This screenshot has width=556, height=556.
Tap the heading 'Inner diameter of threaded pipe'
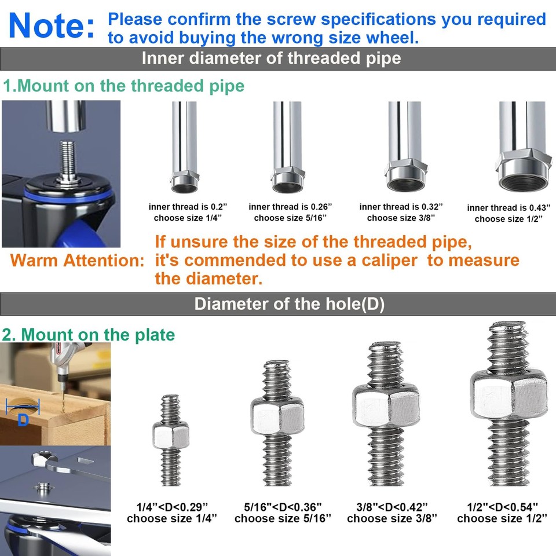[x=271, y=58]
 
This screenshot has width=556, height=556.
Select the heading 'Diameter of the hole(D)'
[x=290, y=304]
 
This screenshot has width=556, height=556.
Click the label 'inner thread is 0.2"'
[x=188, y=206]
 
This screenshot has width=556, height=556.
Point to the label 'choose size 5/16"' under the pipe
[x=290, y=218]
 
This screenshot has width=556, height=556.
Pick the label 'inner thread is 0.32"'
[x=401, y=206]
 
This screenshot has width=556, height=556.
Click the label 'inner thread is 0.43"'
[x=509, y=207]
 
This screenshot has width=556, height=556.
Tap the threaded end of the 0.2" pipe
[x=184, y=181]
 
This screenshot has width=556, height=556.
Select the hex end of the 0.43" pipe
[x=524, y=171]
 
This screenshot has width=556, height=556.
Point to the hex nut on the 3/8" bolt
[x=386, y=405]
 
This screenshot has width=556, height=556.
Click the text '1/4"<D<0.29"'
[x=172, y=507]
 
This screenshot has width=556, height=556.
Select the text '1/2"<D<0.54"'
[x=502, y=507]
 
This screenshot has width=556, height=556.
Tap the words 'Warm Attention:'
[x=77, y=261]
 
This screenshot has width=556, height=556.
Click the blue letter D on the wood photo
[x=23, y=420]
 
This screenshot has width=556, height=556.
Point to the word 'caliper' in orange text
[x=389, y=261]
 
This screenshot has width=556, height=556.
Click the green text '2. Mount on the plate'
[x=88, y=335]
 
